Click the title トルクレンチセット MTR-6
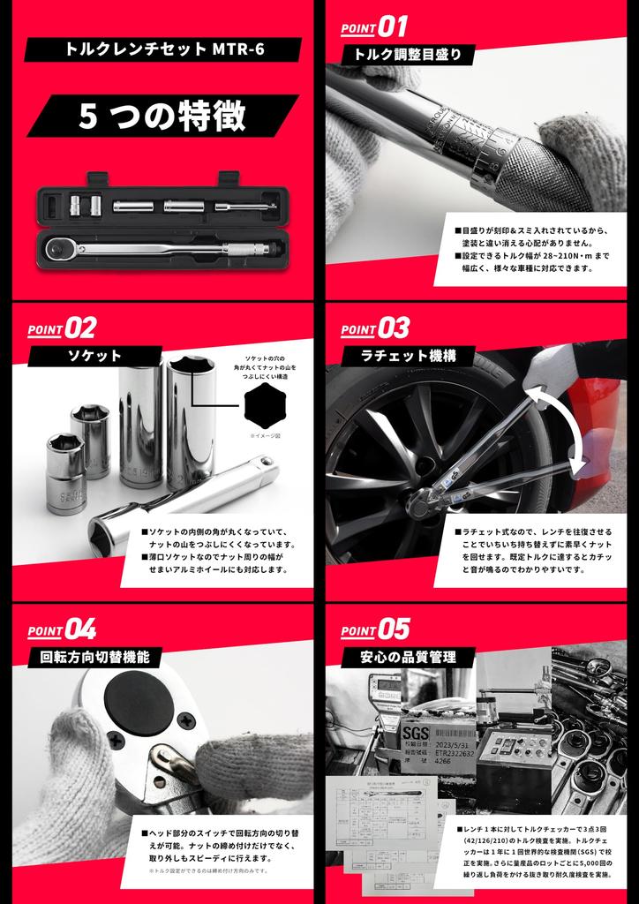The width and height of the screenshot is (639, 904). pyautogui.click(x=164, y=49)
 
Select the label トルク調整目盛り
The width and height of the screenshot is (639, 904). pyautogui.click(x=407, y=55)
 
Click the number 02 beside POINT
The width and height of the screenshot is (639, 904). pyautogui.click(x=80, y=328)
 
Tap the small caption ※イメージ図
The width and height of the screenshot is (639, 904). pyautogui.click(x=264, y=436)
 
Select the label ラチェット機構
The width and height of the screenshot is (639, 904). pyautogui.click(x=407, y=356)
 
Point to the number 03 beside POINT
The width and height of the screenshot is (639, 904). pyautogui.click(x=394, y=328)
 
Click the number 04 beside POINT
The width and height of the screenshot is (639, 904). pyautogui.click(x=80, y=629)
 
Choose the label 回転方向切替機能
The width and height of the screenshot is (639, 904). pyautogui.click(x=94, y=657)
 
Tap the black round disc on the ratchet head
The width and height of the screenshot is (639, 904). pyautogui.click(x=139, y=701)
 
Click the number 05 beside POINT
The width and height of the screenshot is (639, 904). pyautogui.click(x=394, y=629)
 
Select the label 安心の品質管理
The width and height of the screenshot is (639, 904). pyautogui.click(x=407, y=657)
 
